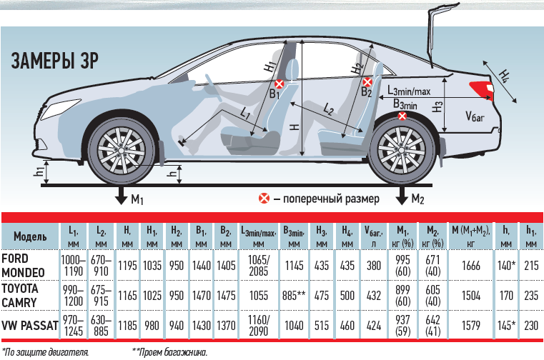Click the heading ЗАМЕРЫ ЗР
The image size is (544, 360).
tap(55, 61)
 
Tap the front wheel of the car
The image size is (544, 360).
tap(122, 150)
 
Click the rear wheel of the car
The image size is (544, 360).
tap(402, 151)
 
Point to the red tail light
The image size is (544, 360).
tap(481, 89)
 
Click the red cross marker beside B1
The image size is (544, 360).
tap(280, 84)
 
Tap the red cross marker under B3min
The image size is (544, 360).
tap(402, 116)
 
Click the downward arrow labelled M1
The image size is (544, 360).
tap(122, 195)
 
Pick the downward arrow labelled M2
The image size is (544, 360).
tap(402, 195)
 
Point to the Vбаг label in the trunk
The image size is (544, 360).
tap(475, 116)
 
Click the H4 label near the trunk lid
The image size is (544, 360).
tap(504, 76)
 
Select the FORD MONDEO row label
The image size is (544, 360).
tap(23, 266)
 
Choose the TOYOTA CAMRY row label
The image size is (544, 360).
tap(20, 296)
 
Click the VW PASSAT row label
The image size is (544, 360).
tap(30, 326)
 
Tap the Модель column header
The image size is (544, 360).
tap(30, 236)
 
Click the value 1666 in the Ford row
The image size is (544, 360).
tap(471, 266)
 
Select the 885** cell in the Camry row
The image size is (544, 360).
tap(294, 296)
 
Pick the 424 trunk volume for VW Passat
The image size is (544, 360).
tap(374, 326)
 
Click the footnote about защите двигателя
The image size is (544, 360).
tap(45, 352)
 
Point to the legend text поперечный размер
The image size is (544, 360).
tap(331, 199)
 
